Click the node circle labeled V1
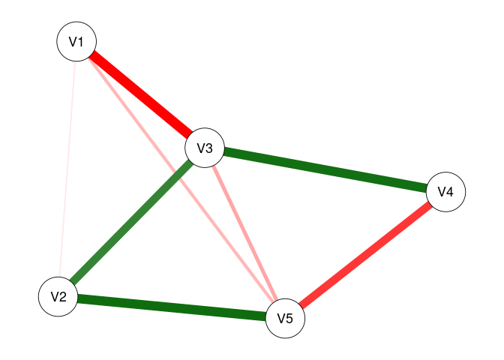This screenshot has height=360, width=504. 76,42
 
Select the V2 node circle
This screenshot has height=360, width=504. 58,296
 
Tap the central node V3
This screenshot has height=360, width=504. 205,148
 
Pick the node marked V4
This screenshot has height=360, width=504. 445,192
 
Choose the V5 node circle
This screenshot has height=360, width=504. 285,317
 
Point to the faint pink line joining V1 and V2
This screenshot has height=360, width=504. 67,169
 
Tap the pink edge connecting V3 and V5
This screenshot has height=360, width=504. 244,232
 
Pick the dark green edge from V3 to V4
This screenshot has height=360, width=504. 325,170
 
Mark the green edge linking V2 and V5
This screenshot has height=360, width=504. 172,307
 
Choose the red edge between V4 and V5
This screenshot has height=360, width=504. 365,255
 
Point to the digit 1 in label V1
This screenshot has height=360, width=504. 81,42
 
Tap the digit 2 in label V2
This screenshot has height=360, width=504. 64,296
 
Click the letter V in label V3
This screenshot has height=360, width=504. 200,148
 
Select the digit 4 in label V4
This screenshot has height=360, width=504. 450,192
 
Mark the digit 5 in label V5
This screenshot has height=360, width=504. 289,317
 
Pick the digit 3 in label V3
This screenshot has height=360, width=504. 210,148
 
